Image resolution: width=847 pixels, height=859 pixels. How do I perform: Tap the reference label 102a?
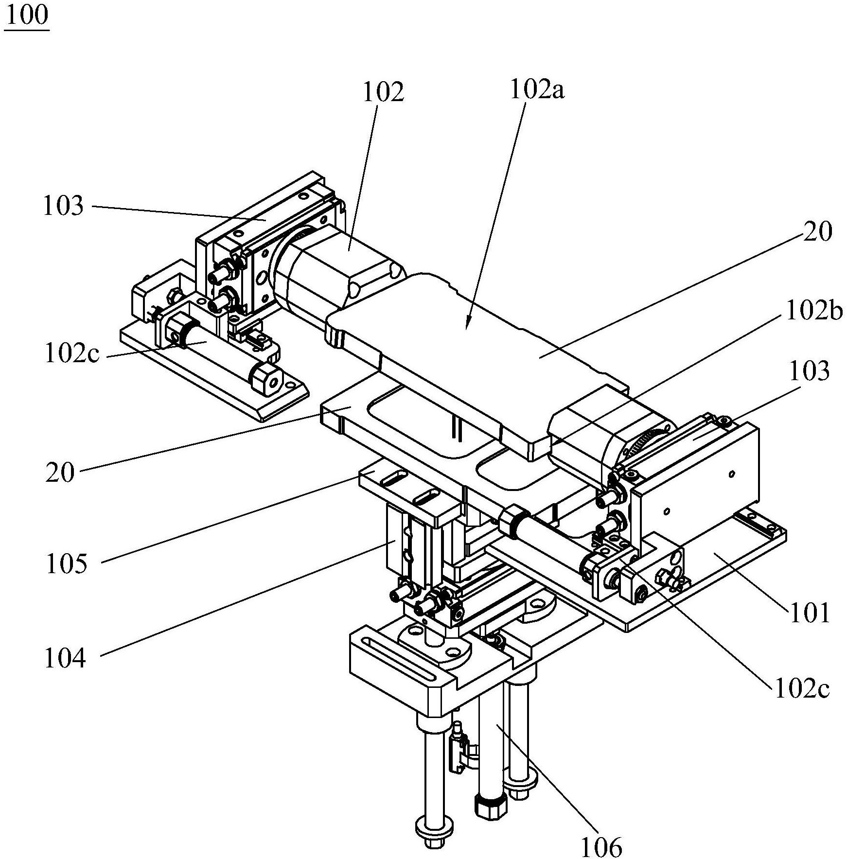(x=537, y=90)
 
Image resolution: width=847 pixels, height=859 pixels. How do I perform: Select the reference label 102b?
(x=814, y=312)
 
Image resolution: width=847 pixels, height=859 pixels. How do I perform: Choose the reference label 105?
(x=67, y=564)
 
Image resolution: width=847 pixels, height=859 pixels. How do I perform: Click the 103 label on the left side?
(x=63, y=206)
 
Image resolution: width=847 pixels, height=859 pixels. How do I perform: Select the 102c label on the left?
(x=72, y=354)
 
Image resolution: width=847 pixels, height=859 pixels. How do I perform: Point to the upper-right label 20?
(x=818, y=232)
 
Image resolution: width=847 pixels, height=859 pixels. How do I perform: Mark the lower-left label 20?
(x=60, y=472)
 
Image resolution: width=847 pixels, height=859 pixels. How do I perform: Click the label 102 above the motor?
(x=384, y=92)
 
